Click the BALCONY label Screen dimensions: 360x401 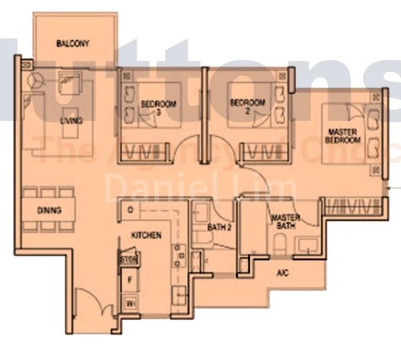click(73, 43)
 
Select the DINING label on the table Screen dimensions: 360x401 click(49, 211)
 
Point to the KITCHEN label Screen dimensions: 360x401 click(146, 235)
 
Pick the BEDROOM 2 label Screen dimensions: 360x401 click(248, 106)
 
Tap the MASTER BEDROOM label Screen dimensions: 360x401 click(343, 136)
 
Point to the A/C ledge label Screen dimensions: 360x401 click(282, 273)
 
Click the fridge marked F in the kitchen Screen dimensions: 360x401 click(129, 281)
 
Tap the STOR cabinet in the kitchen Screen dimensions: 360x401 click(128, 260)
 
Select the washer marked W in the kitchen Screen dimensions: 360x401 click(129, 304)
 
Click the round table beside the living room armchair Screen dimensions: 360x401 click(35, 79)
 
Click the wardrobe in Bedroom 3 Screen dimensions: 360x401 click(140, 151)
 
